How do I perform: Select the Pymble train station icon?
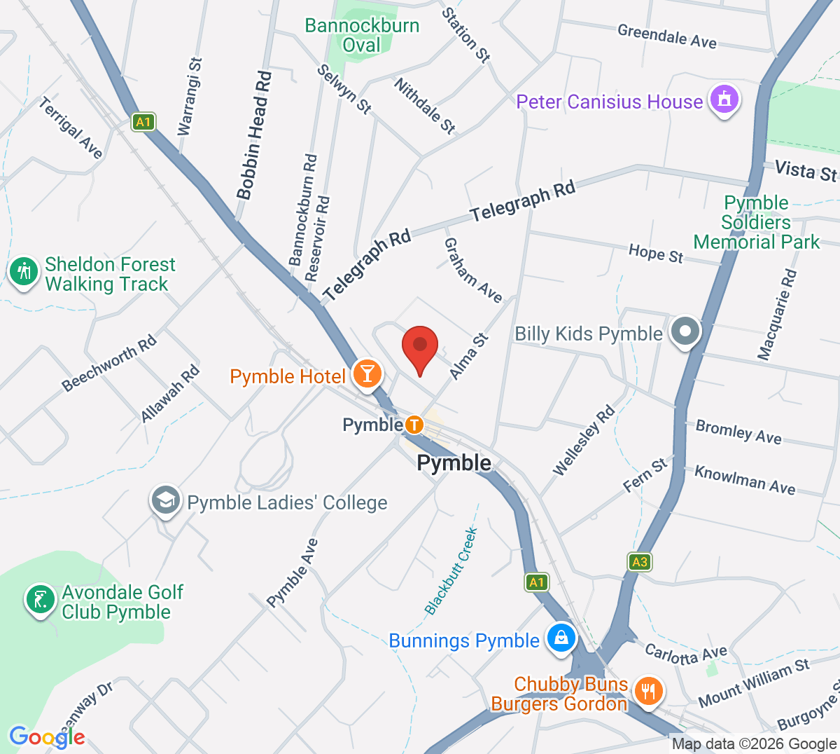(x=414, y=425)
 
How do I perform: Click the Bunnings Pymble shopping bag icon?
(x=561, y=638)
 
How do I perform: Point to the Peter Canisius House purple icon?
(x=724, y=100)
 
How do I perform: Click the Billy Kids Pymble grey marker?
(x=685, y=331)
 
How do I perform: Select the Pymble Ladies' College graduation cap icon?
(x=165, y=500)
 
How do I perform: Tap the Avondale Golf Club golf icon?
(x=41, y=600)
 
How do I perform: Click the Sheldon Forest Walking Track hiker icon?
(x=24, y=271)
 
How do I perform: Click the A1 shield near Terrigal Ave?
(x=143, y=123)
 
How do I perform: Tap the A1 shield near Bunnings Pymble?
(x=536, y=582)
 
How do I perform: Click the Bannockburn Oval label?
(x=362, y=35)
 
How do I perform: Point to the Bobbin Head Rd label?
(x=253, y=135)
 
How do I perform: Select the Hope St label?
(x=656, y=254)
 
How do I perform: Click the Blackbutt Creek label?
(x=451, y=571)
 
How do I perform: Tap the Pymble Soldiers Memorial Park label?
(x=757, y=222)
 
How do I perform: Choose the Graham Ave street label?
(x=473, y=270)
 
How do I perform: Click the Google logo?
(x=47, y=736)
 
